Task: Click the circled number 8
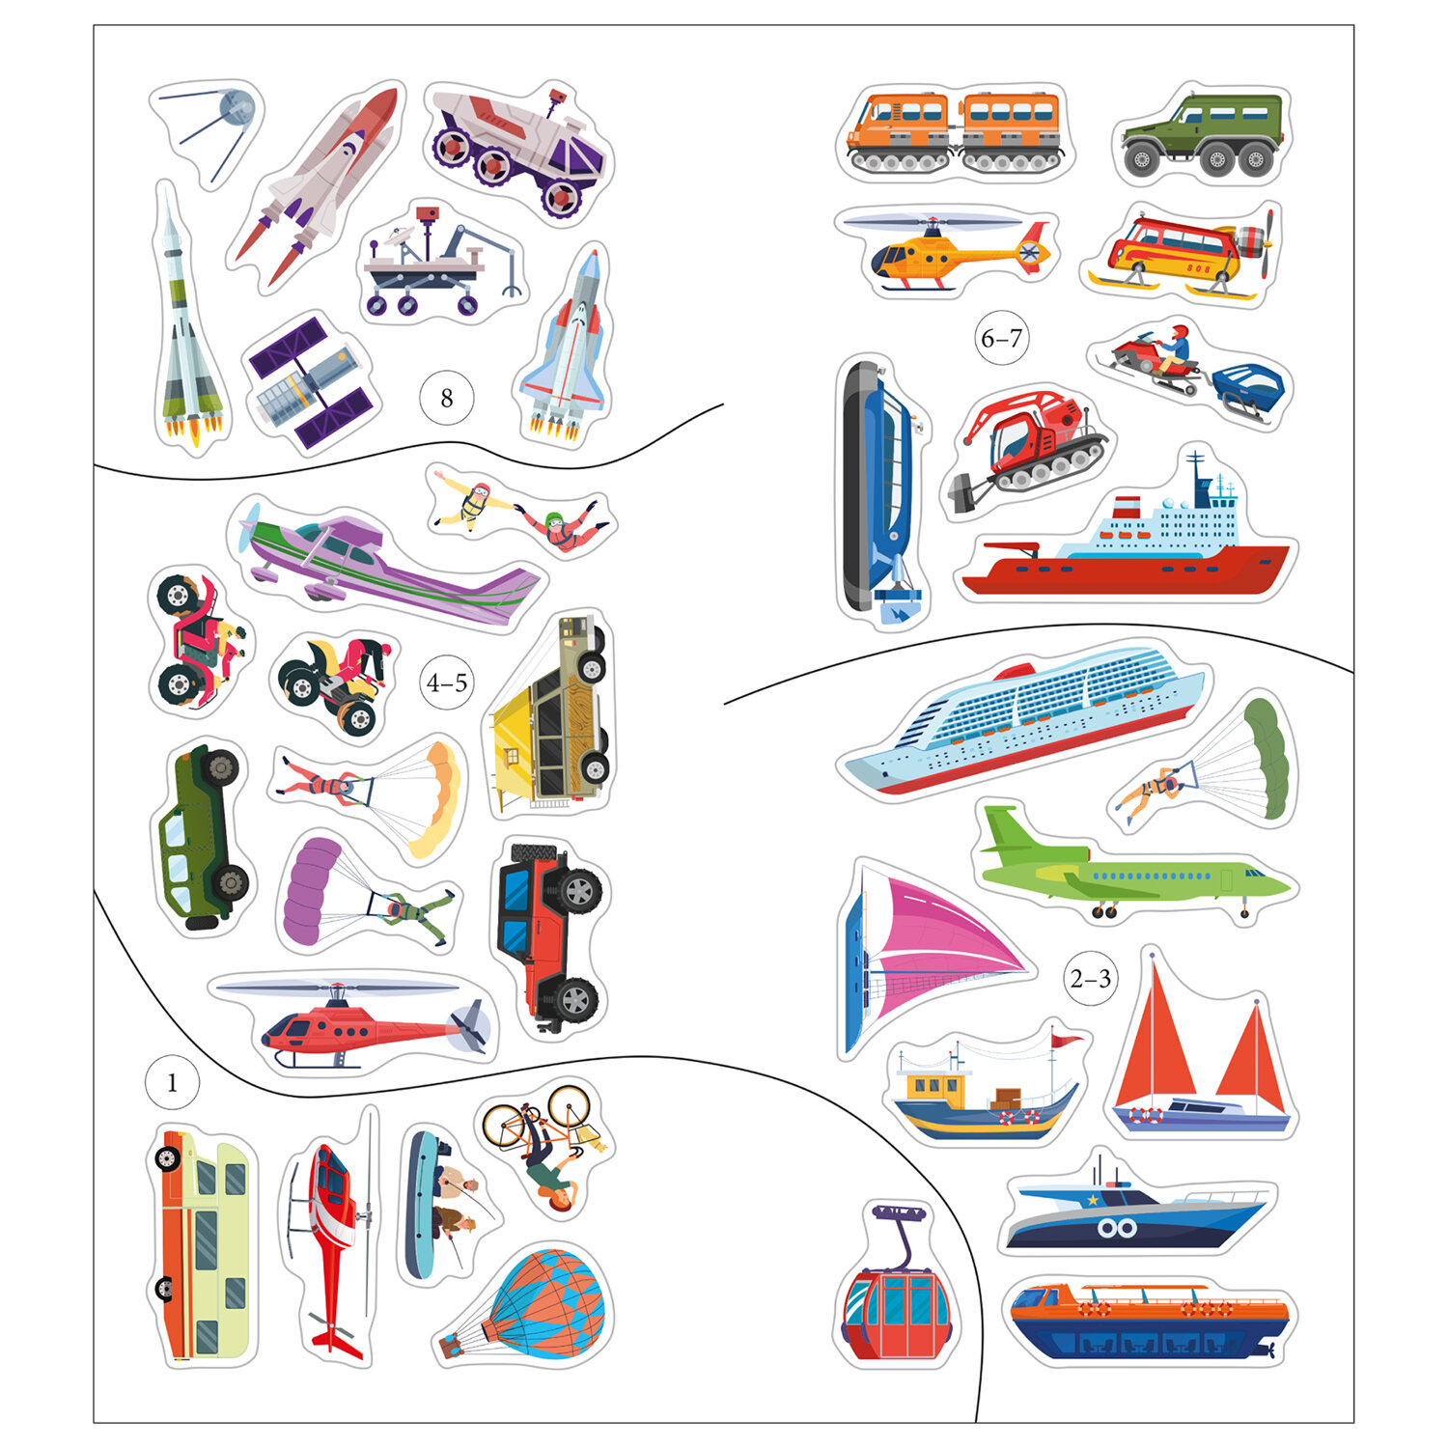(x=446, y=398)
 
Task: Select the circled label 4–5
(x=447, y=683)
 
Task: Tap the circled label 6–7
(x=1001, y=339)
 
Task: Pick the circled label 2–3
(x=1091, y=979)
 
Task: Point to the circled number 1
(x=172, y=1083)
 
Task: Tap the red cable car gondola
(x=896, y=1284)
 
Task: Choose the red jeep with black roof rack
(x=548, y=933)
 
